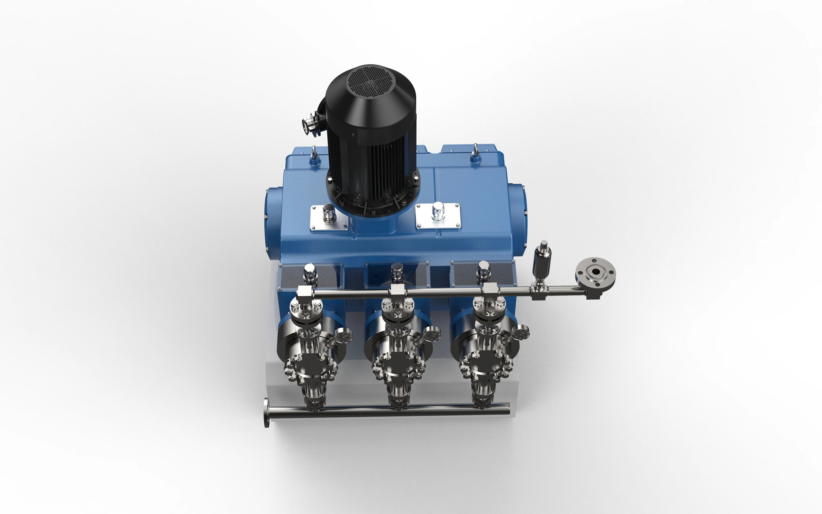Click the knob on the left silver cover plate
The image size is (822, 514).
328,213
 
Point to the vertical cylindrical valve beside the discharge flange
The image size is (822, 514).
542,262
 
